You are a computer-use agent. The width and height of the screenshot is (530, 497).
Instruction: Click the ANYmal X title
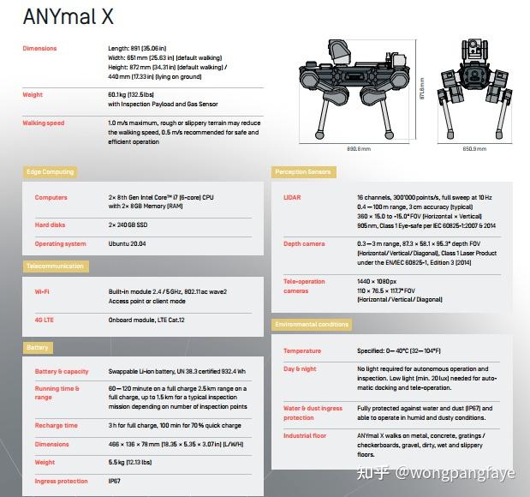click(x=68, y=16)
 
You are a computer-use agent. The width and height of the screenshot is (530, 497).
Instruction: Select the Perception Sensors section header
click(x=304, y=172)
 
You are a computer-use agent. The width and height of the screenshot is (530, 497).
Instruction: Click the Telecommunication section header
click(x=54, y=266)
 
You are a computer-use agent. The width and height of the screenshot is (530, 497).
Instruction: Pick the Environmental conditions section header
click(x=312, y=325)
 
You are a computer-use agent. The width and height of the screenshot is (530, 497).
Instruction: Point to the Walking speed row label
click(x=44, y=123)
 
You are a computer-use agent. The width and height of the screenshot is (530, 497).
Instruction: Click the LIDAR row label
click(x=292, y=198)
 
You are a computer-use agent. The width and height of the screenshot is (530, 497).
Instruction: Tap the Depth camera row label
click(x=304, y=244)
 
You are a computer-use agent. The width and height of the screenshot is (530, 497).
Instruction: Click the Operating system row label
click(x=61, y=244)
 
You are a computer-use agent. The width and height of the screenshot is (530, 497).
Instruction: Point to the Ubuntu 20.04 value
click(x=128, y=244)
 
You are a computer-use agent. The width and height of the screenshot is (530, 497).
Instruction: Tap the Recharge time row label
click(x=57, y=425)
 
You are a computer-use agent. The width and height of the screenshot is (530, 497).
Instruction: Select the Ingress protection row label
click(x=62, y=482)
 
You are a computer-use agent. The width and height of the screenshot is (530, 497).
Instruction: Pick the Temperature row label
click(x=302, y=351)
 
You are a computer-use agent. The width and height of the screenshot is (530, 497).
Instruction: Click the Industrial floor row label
click(x=306, y=436)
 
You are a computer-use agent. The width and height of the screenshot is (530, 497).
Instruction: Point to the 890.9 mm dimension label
click(x=359, y=149)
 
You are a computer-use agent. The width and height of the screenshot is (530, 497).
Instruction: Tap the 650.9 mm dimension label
click(x=474, y=149)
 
